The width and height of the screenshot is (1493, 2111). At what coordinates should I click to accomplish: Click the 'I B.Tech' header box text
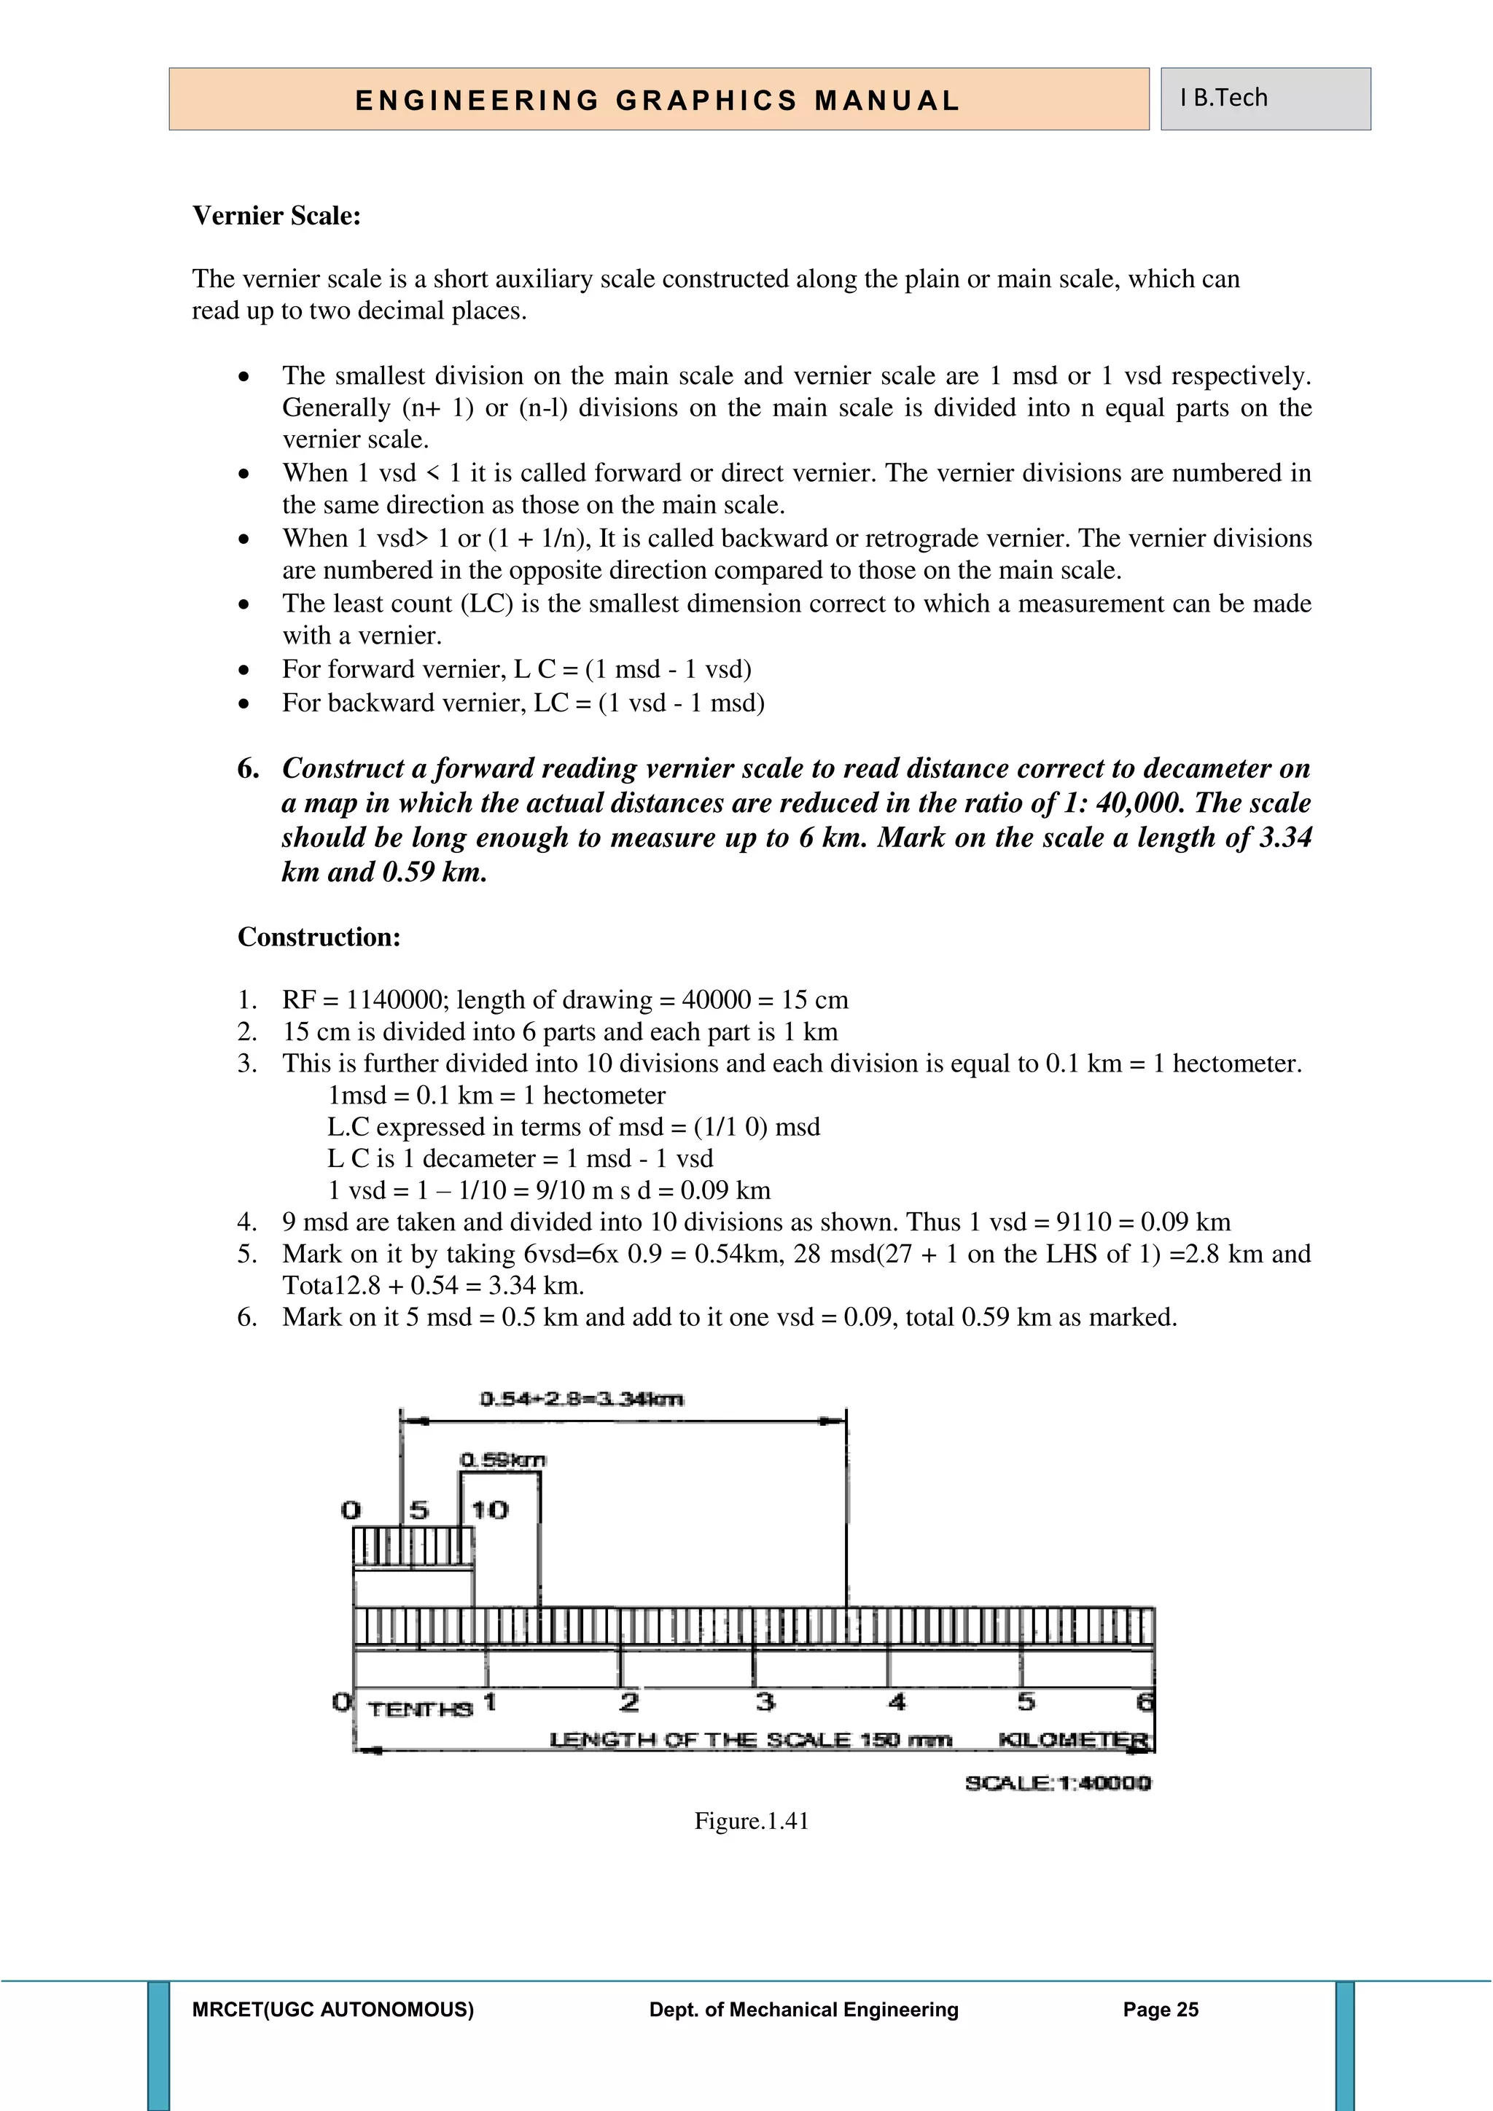pos(1224,98)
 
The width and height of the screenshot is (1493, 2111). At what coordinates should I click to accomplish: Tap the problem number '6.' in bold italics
pos(248,768)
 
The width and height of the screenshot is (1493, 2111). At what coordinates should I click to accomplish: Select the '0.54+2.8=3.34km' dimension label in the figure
pos(581,1400)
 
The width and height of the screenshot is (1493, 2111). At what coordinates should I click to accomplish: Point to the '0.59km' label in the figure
pos(502,1460)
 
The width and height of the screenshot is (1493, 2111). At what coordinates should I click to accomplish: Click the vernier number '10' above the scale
pos(490,1510)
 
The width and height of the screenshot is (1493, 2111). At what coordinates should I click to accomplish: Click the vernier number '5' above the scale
pos(418,1510)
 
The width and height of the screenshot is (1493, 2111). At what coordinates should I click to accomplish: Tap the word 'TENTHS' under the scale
pos(420,1709)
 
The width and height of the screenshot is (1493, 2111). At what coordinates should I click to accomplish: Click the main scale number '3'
pos(764,1702)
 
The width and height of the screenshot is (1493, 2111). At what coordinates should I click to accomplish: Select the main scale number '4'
pos(897,1702)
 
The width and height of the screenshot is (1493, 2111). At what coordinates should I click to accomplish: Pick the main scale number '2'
pos(629,1702)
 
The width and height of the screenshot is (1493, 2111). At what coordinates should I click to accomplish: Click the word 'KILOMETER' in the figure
pos(1073,1741)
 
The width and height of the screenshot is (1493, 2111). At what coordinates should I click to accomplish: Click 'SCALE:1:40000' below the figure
pos(1057,1784)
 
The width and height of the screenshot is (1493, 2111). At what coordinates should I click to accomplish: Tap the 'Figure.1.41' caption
pos(751,1822)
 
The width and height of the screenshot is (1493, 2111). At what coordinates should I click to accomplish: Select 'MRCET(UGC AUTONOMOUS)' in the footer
pos(333,2010)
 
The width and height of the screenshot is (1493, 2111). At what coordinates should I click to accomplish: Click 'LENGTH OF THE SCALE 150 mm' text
pos(750,1741)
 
